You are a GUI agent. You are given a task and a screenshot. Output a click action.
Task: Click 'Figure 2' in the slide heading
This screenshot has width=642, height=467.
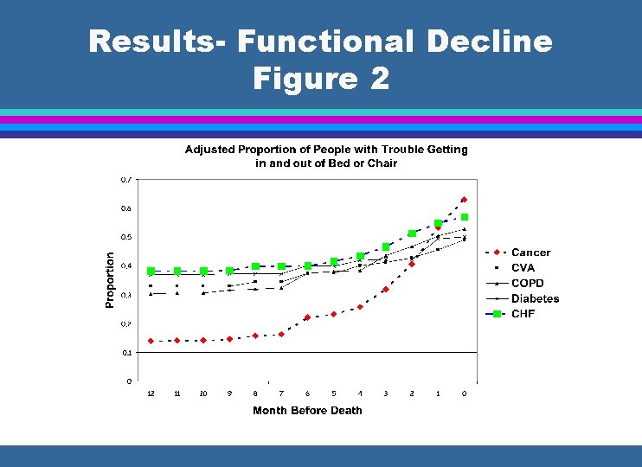(x=321, y=79)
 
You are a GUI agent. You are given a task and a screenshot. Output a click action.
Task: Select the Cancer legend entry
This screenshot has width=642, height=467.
(x=530, y=253)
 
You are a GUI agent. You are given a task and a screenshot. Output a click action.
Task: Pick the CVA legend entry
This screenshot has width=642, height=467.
(x=523, y=268)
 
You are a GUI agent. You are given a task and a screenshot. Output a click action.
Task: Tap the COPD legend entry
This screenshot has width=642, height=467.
(x=527, y=283)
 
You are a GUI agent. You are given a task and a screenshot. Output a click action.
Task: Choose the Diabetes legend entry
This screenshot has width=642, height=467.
(x=535, y=298)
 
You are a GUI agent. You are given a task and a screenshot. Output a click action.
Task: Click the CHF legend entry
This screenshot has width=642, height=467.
(x=523, y=313)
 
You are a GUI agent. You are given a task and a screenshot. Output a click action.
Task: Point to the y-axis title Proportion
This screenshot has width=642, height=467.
(x=110, y=279)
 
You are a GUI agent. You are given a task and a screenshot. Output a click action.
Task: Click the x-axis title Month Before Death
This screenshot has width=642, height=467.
(x=307, y=410)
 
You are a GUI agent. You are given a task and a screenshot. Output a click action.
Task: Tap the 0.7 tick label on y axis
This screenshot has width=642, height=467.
(x=126, y=180)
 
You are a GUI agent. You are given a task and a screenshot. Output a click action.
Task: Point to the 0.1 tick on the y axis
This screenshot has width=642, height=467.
(x=126, y=353)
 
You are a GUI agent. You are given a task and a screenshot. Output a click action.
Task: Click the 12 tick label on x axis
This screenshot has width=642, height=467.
(x=151, y=393)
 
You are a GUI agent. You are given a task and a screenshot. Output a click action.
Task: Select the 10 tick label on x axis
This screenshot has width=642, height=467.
(x=202, y=393)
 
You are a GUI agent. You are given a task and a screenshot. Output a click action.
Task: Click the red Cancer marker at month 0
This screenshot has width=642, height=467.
(x=464, y=200)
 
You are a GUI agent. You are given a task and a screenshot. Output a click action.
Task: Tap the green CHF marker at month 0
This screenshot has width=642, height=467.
(x=465, y=217)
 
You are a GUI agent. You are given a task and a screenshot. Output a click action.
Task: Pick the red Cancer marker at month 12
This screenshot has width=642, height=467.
(x=151, y=341)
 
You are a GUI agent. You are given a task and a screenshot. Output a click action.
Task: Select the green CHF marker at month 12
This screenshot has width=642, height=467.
(x=151, y=271)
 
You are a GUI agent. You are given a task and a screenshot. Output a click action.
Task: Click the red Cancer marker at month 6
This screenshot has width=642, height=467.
(x=307, y=317)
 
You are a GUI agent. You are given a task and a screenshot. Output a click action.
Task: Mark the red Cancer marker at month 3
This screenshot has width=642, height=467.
(x=386, y=290)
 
